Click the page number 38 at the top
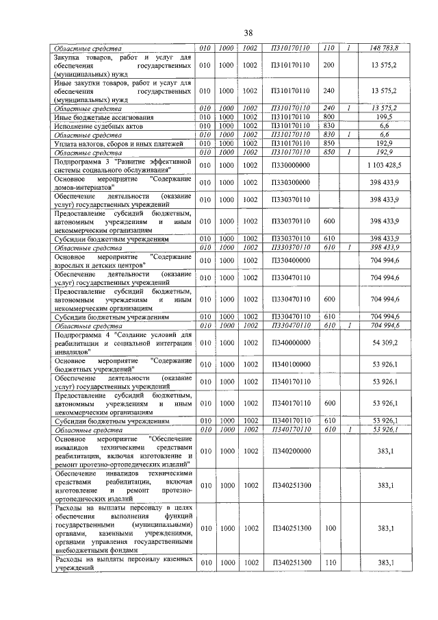pos(248,32)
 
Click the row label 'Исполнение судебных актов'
pos(94,126)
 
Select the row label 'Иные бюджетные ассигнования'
pos(98,117)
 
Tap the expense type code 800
pos(328,117)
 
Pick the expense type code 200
pos(328,64)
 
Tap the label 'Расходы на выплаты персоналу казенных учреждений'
pos(123,563)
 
